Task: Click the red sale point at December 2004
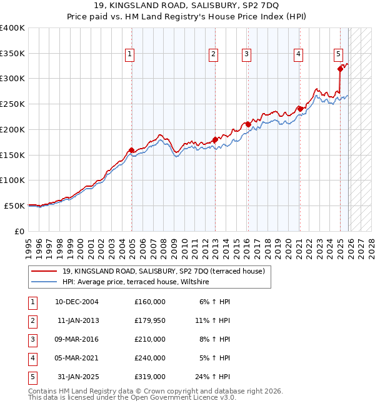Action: (132, 150)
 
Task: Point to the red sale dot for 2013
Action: (215, 139)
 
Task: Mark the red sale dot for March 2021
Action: (300, 109)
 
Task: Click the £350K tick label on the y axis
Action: (12, 53)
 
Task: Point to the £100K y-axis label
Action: (12, 180)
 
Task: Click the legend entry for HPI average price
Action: (135, 282)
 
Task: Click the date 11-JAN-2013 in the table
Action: (77, 320)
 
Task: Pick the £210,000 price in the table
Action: (150, 339)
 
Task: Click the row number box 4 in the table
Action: (32, 358)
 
